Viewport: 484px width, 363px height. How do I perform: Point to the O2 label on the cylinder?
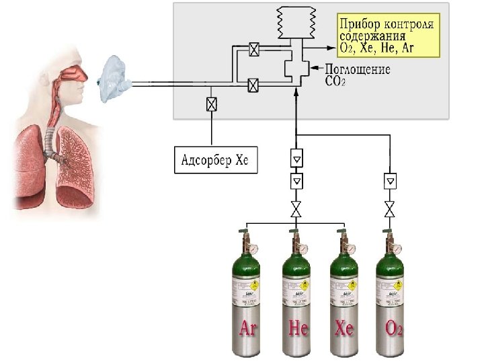tap(394, 329)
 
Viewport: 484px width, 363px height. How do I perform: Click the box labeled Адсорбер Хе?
tap(215, 161)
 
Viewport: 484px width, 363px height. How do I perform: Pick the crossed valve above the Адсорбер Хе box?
tap(212, 104)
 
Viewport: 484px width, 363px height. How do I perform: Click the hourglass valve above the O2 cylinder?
tap(389, 208)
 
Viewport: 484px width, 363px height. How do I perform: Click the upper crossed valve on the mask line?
tap(254, 49)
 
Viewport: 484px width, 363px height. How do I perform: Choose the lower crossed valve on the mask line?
tap(253, 85)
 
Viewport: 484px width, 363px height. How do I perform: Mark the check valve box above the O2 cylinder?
tap(389, 181)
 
